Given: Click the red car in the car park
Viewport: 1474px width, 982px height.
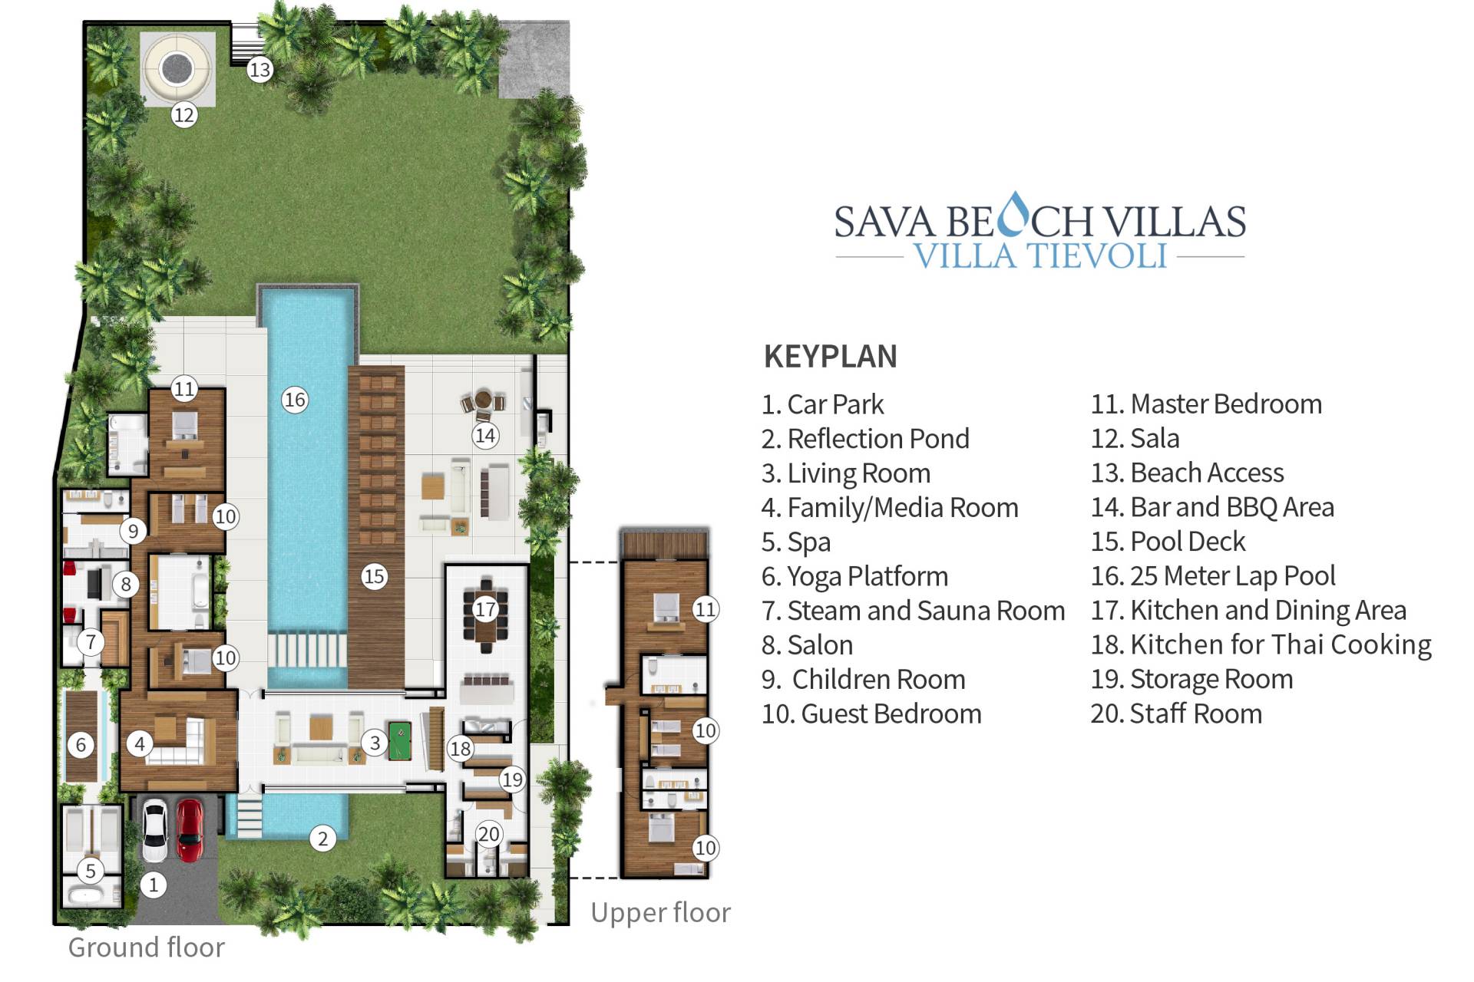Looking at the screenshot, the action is click(190, 830).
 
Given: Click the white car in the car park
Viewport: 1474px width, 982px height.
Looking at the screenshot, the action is click(155, 830).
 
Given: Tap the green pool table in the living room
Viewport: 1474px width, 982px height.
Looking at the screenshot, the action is click(400, 740).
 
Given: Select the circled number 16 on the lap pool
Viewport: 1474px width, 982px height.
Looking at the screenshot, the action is click(295, 400).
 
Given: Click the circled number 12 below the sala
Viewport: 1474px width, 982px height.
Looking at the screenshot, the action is click(184, 115).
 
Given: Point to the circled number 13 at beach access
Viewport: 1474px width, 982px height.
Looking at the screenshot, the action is click(259, 70).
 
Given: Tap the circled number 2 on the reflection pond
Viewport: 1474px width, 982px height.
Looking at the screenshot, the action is click(322, 839).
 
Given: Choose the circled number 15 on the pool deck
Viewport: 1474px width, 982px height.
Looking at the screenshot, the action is click(374, 576).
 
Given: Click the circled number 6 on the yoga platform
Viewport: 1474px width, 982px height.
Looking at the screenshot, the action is click(81, 744).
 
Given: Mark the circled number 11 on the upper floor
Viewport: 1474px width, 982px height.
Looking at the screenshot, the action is click(705, 609).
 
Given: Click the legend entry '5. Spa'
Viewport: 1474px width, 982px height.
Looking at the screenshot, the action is click(796, 542).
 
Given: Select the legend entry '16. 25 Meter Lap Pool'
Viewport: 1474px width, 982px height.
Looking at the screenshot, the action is click(1213, 576).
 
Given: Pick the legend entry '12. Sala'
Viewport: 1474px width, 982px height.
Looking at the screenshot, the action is click(1135, 439).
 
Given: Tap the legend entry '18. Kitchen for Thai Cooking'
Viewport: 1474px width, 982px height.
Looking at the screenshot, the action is click(1261, 645).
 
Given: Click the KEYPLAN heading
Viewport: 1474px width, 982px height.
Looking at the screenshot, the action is click(831, 357).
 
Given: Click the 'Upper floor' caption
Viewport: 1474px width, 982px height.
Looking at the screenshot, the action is click(661, 913).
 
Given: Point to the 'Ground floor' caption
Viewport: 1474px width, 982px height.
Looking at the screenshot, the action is click(147, 947).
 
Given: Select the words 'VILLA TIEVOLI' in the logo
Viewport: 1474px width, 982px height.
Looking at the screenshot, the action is click(1040, 255).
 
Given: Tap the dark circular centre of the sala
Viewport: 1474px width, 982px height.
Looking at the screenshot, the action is click(177, 69).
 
